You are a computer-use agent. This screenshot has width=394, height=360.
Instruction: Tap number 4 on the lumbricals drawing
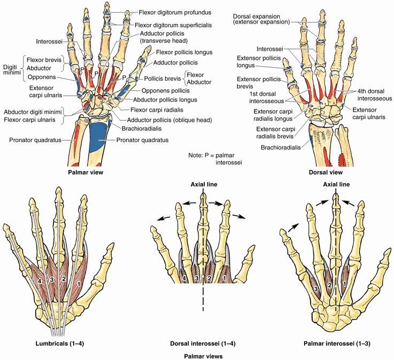click(40, 281)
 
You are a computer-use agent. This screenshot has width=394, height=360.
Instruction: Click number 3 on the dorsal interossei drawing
click(196, 278)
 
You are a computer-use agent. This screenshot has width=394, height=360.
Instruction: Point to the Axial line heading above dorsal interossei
click(203, 185)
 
